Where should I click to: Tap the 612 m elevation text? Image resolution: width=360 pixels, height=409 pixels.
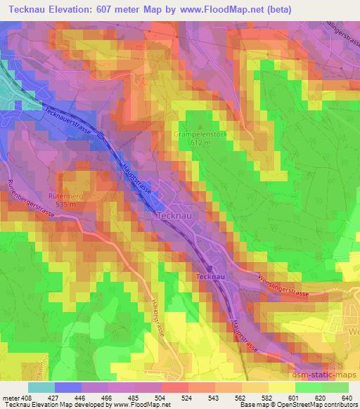click(200, 143)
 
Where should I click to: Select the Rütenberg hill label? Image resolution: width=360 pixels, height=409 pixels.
click(66, 197)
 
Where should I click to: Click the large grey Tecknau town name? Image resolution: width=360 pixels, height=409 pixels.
click(174, 215)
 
